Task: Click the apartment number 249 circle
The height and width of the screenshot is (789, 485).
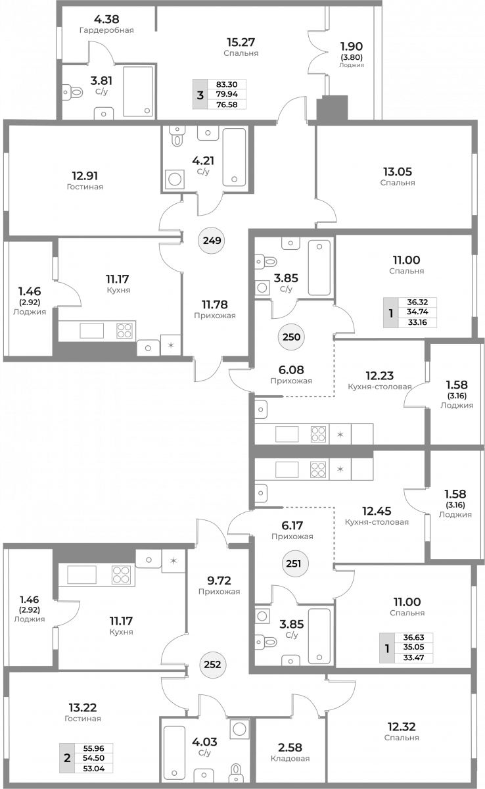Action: [x=212, y=241]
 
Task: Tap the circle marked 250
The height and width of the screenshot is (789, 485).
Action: [x=291, y=337]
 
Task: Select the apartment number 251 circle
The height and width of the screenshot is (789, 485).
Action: [x=294, y=563]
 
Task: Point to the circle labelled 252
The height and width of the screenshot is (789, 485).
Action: [x=212, y=664]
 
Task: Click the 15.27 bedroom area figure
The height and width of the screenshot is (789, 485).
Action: [x=241, y=42]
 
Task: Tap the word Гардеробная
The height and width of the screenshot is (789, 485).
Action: [x=106, y=30]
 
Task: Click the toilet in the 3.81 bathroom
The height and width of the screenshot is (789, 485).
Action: [x=73, y=93]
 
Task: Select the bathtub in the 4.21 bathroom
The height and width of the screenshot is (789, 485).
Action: [x=234, y=157]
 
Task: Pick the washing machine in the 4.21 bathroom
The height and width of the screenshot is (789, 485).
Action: [x=175, y=179]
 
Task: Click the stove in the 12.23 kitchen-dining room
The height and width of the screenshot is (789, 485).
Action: [x=318, y=434]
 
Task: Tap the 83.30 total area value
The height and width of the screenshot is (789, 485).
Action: [x=227, y=85]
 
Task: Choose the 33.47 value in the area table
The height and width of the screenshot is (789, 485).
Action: [x=413, y=657]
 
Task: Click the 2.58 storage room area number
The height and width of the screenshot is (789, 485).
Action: [x=290, y=747]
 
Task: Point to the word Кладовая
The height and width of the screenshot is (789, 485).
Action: [x=290, y=758]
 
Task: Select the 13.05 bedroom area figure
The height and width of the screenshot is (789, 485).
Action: [x=398, y=172]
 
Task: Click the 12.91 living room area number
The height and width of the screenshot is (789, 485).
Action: [x=85, y=176]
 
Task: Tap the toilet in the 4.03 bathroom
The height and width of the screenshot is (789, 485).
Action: [x=236, y=773]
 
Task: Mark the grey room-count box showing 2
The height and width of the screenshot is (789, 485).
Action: [x=67, y=757]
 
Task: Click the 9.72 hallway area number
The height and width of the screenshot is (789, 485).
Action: [x=219, y=580]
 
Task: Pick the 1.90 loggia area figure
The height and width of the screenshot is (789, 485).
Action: [x=351, y=46]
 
